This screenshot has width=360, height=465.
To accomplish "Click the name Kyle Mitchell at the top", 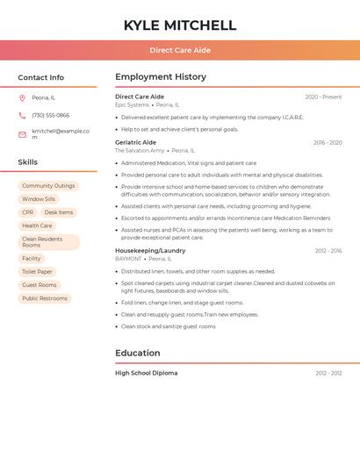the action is tap(180, 25).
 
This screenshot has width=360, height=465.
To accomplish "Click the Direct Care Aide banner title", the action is tap(180, 50).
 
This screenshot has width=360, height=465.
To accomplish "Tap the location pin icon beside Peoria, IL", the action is tap(22, 97).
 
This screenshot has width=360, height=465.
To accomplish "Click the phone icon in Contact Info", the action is tap(22, 115).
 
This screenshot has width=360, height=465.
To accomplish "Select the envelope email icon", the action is tap(22, 133).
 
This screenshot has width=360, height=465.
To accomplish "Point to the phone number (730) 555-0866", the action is tap(50, 115).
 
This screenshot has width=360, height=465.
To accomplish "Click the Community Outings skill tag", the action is tap(48, 186).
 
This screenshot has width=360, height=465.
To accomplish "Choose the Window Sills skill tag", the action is tap(39, 199).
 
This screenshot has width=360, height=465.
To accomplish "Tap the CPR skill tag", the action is tap(28, 212).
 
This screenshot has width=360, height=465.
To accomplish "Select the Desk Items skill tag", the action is tap(59, 212).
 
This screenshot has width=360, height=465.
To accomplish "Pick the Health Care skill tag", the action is tap(37, 225).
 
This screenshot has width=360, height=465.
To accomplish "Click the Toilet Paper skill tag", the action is tap(37, 272).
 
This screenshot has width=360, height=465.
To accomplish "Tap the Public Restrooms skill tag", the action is tap(45, 298).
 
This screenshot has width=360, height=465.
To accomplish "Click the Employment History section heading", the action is tap(161, 77).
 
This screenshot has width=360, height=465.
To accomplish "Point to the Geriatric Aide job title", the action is tap(135, 142).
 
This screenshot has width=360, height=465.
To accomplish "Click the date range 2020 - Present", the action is tap(323, 97).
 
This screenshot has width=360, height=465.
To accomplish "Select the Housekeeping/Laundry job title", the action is tap(150, 251).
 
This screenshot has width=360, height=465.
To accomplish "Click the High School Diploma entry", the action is tap(146, 373).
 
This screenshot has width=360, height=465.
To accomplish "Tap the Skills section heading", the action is tap(27, 162).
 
